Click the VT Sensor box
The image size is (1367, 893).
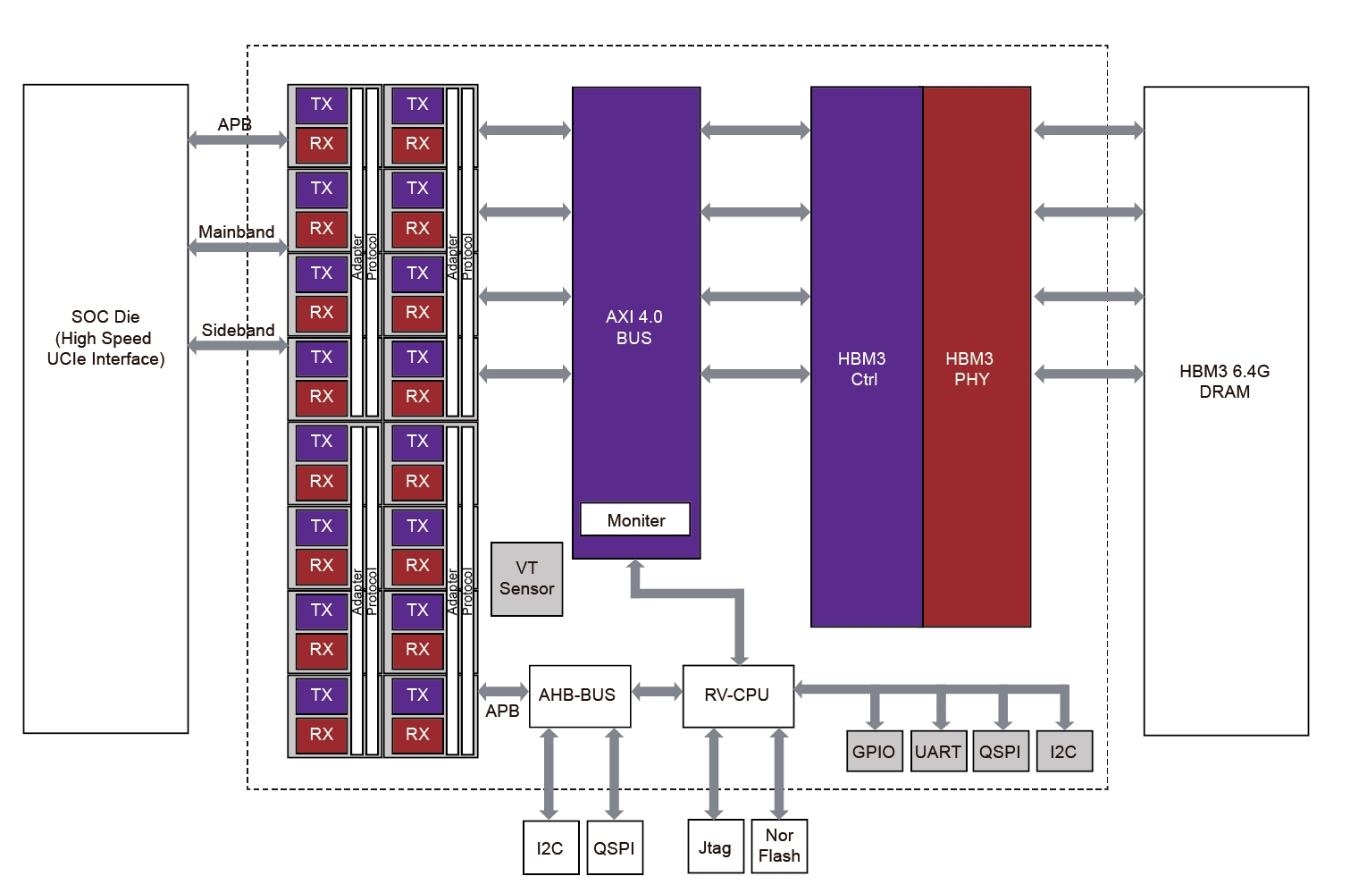(x=526, y=578)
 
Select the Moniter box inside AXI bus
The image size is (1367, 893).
(x=635, y=519)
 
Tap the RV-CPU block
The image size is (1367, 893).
(x=737, y=695)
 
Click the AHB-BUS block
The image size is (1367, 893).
(x=579, y=695)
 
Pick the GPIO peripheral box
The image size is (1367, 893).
(x=873, y=751)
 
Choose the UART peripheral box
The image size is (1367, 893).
(x=937, y=751)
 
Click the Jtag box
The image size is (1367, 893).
(x=714, y=847)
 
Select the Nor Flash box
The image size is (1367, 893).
(x=779, y=846)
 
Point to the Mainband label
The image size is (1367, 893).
(x=237, y=232)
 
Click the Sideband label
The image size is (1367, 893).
(x=238, y=330)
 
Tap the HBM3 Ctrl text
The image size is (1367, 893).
(x=862, y=368)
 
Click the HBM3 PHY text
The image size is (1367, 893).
(x=970, y=368)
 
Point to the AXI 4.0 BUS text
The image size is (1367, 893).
(x=634, y=327)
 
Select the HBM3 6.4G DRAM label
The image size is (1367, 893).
(x=1224, y=381)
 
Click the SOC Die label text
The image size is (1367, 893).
(x=105, y=338)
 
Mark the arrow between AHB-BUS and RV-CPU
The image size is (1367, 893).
(x=657, y=692)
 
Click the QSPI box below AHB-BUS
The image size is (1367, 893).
(x=614, y=847)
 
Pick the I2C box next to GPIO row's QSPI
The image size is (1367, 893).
(x=1063, y=751)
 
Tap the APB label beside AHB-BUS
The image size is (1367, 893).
(x=502, y=711)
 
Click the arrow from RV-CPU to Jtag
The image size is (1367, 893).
(x=714, y=773)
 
